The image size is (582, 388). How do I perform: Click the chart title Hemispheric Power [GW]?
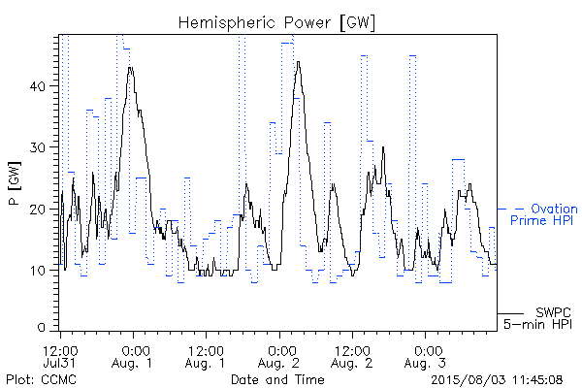coord(276,23)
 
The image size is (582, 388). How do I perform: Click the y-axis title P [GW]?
coord(15,183)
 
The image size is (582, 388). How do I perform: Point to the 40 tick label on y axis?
coord(38,86)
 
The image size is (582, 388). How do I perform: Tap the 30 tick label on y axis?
coord(38,147)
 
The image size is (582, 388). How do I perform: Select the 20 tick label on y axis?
coord(38,210)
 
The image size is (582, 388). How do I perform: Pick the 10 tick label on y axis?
coord(38,271)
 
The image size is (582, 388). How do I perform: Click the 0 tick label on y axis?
coord(42,328)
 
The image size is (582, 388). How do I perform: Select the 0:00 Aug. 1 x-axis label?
coord(133,356)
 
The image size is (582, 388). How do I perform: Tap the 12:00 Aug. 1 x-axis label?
coord(206,356)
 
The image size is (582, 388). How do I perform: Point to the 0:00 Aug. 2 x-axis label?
coord(278,356)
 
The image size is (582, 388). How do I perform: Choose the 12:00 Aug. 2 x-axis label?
coord(352,356)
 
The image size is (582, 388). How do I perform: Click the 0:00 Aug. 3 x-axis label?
coord(425,356)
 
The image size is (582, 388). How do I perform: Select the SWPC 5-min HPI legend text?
coord(537,318)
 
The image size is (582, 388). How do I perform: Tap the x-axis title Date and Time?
coord(277,379)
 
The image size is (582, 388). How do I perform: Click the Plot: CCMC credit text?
coord(41,379)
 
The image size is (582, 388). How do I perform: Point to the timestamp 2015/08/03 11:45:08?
coord(497,380)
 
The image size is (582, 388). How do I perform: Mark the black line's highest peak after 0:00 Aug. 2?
coord(299,62)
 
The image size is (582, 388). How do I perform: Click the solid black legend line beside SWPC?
coord(510,313)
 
